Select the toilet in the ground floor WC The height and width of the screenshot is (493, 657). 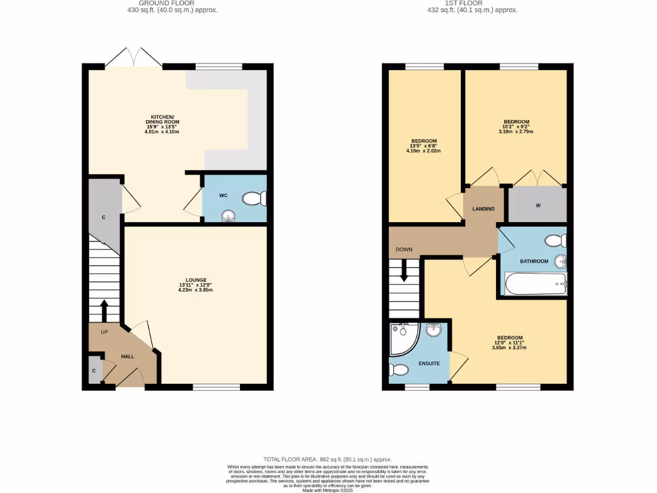(x=255, y=200)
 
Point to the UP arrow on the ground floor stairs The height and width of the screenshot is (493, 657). (x=104, y=309)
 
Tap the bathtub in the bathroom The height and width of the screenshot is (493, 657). (x=536, y=283)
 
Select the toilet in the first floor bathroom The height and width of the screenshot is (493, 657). (x=554, y=240)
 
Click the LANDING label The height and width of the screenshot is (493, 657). (x=483, y=209)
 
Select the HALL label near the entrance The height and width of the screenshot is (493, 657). (x=128, y=356)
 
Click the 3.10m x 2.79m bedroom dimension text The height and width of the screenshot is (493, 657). (x=516, y=132)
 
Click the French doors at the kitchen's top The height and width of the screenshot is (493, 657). (x=133, y=59)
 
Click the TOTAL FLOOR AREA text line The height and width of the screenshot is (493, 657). (x=328, y=460)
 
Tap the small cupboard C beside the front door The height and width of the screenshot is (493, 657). (x=94, y=371)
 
